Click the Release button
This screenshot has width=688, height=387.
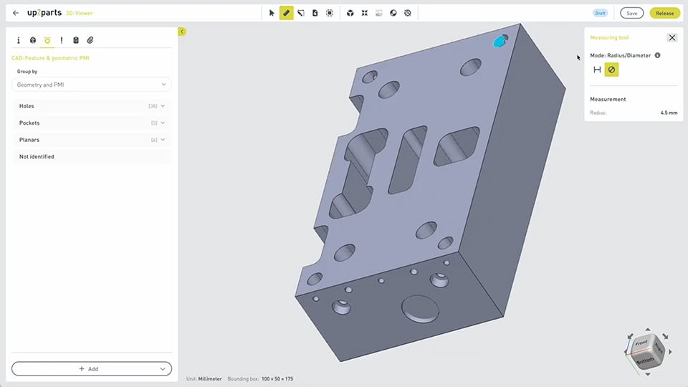664,13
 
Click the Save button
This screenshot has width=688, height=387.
631,13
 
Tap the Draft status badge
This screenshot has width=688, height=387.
600,13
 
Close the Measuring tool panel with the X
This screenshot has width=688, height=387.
672,38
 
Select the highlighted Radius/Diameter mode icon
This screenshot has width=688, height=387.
611,70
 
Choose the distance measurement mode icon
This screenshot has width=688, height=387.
597,70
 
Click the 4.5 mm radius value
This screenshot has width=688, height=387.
669,113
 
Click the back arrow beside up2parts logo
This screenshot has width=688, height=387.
16,13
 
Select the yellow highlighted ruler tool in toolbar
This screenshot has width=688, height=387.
286,13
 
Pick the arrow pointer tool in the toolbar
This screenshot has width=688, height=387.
272,13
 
